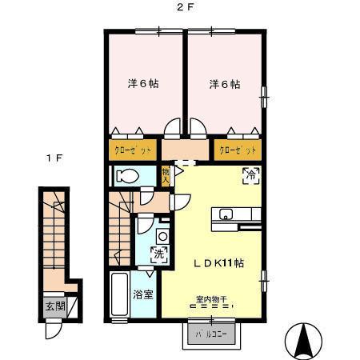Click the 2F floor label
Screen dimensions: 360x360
pyautogui.click(x=183, y=9)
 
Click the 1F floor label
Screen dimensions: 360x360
pyautogui.click(x=54, y=158)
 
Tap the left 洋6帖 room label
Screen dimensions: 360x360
pyautogui.click(x=142, y=83)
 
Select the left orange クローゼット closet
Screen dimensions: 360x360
pyautogui.click(x=134, y=150)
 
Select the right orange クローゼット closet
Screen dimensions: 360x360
pyautogui.click(x=238, y=150)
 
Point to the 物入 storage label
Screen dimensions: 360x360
pyautogui.click(x=166, y=175)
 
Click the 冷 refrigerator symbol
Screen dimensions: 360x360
pyautogui.click(x=250, y=174)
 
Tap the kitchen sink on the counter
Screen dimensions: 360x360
pyautogui.click(x=226, y=214)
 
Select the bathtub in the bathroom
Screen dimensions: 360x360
pyautogui.click(x=122, y=295)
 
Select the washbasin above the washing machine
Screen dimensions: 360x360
pyautogui.click(x=162, y=236)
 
